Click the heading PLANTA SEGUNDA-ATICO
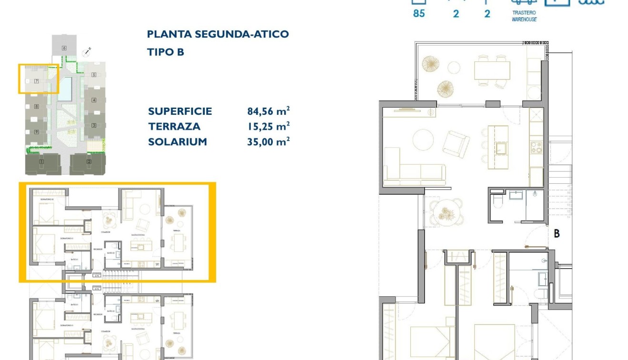218,34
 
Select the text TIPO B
165,52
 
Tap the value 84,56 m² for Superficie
268,111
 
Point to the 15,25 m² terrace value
268,127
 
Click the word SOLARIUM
177,142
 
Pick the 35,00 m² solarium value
268,142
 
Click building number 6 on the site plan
64,48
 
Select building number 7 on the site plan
36,81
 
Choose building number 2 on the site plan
89,162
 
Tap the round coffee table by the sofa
423,141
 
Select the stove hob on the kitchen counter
536,146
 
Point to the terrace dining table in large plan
492,71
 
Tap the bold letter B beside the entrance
556,234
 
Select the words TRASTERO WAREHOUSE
524,16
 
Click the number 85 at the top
419,13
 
